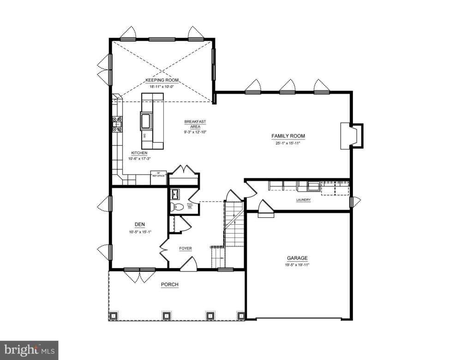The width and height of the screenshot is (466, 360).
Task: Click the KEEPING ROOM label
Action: click(x=162, y=80)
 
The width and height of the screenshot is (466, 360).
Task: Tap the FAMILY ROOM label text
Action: click(x=288, y=136)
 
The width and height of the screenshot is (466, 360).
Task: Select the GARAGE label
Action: click(x=297, y=258)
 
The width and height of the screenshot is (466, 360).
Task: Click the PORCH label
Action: click(x=169, y=285)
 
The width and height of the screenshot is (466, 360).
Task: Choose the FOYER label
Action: click(x=185, y=248)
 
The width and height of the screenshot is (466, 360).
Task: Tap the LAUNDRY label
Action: click(x=303, y=200)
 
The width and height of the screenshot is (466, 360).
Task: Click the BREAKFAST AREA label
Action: click(x=195, y=124)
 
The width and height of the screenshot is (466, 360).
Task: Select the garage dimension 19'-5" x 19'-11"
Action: click(x=297, y=265)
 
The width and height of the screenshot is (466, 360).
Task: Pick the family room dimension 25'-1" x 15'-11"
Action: click(x=288, y=143)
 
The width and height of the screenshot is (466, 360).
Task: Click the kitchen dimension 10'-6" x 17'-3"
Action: click(x=139, y=158)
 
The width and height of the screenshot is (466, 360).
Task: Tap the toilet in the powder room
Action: click(x=175, y=207)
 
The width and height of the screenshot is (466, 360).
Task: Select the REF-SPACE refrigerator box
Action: click(x=158, y=175)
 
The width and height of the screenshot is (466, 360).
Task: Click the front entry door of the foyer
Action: click(x=189, y=264)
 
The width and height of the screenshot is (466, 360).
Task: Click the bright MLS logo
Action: click(x=29, y=350)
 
